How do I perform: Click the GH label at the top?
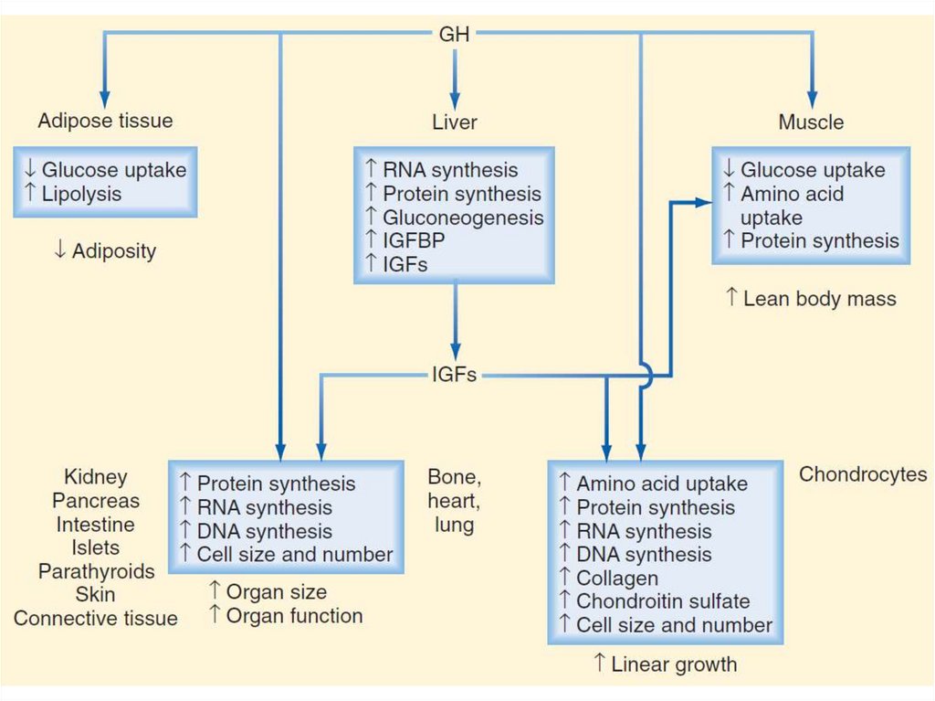pos(454,34)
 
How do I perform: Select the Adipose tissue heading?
pos(105,121)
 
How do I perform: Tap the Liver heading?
pos(455,122)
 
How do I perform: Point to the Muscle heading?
pos(811,122)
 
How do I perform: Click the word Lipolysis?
pos(81,194)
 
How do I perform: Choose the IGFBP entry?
pos(415,241)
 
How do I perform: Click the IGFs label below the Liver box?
pos(454,374)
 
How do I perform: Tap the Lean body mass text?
pos(819,298)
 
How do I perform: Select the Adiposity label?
pos(113,250)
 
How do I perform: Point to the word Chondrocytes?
pos(863,474)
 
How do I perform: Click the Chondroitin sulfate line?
pos(663,601)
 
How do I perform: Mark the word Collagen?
pos(616,579)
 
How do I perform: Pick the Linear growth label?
pos(674,664)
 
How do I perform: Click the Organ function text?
pos(294,616)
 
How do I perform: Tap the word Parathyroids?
pos(96,571)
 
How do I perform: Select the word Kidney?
pos(96,477)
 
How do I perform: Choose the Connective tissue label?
pos(96,619)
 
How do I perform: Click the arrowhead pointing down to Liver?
pos(455,101)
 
